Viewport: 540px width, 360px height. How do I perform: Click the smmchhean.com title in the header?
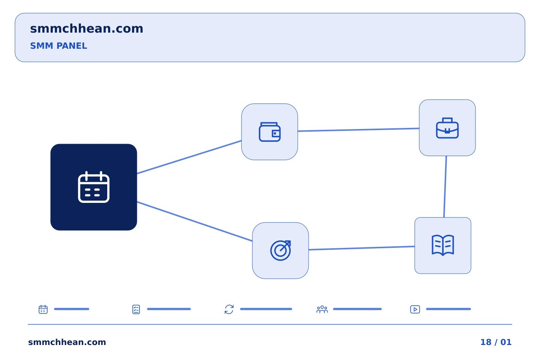(87, 28)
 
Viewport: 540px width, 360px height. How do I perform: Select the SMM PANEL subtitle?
(58, 46)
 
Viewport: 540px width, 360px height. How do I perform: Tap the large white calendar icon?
(94, 187)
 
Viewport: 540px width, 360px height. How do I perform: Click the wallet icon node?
(270, 132)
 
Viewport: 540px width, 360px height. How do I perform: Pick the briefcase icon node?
(447, 128)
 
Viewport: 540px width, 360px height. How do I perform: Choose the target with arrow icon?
(280, 250)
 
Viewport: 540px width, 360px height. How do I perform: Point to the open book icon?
(442, 245)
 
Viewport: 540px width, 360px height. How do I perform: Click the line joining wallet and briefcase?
(358, 130)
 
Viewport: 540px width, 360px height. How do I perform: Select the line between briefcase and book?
(445, 187)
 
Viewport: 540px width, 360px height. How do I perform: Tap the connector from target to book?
(361, 248)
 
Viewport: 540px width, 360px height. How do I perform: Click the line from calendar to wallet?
(189, 157)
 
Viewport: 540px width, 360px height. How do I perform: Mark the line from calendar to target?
(195, 221)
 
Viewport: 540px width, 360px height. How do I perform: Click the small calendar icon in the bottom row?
(43, 309)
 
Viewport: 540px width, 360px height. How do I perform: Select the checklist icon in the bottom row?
(136, 309)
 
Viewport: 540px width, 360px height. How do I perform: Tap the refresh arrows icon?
(229, 309)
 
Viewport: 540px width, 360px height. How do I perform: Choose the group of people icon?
(322, 309)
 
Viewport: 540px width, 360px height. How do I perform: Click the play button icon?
(415, 309)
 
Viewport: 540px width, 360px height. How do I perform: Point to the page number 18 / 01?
(496, 342)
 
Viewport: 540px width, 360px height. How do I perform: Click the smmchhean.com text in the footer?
(67, 342)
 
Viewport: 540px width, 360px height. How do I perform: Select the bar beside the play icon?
(448, 309)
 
